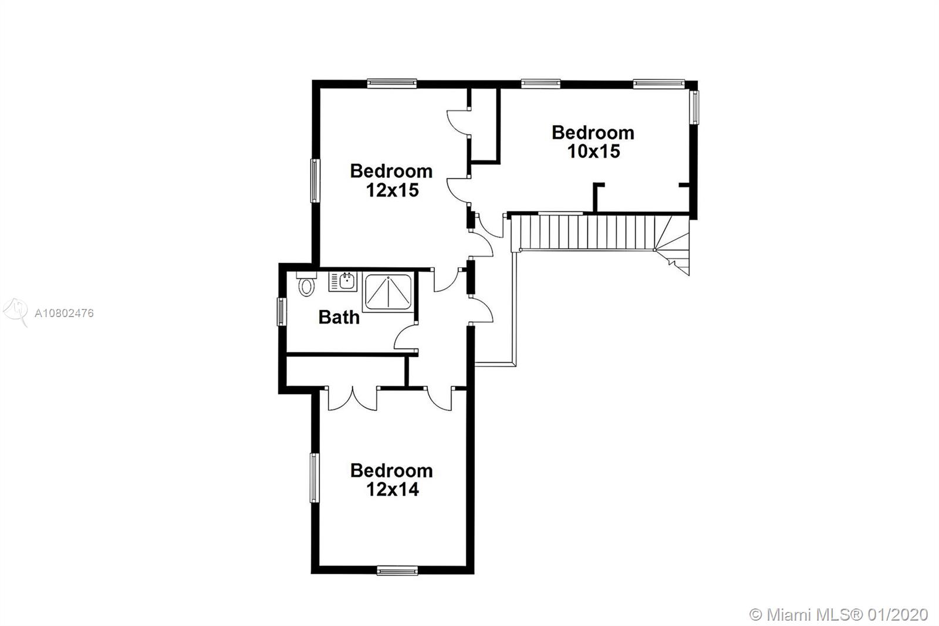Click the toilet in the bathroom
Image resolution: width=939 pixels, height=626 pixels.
coord(306,284)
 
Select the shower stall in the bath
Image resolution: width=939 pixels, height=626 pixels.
coord(388,292)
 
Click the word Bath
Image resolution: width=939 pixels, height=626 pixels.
coord(339,317)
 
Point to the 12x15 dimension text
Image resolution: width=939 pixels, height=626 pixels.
coord(393,190)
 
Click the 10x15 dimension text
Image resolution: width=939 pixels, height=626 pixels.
coord(593,152)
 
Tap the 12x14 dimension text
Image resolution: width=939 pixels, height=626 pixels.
coord(393,489)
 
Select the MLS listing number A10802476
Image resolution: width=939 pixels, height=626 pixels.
coord(64,313)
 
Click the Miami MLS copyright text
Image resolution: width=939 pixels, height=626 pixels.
coord(839,615)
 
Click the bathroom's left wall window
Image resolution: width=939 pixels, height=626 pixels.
coord(282,312)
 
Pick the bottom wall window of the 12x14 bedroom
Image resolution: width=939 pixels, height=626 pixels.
coord(397,571)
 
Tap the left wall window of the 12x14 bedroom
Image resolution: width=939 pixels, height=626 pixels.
coord(315,477)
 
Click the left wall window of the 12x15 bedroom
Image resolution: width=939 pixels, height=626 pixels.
coord(315,180)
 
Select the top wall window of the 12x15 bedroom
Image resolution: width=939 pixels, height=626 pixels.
coord(392,83)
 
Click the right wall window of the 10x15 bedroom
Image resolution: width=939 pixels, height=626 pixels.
coord(694,107)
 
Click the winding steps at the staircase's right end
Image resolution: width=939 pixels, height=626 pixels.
coord(673,245)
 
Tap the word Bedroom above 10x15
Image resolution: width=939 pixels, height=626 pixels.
coord(593,133)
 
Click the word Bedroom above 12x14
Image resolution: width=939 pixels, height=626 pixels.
coord(391,471)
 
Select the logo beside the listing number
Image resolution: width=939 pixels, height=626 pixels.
coord(15,312)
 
